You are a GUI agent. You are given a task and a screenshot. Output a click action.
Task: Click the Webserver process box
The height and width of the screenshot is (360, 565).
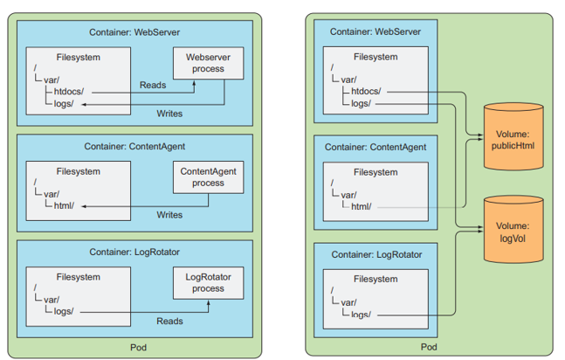[x=208, y=63]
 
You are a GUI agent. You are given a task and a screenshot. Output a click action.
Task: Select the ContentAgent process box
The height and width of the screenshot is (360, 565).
[x=209, y=177]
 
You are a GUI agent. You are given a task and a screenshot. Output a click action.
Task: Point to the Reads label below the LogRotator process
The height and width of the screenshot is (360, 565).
[x=169, y=322]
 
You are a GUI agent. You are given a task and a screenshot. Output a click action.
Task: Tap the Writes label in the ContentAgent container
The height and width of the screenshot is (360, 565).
[x=169, y=215]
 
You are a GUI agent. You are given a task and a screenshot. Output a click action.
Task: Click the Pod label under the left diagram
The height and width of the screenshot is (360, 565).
[x=139, y=347]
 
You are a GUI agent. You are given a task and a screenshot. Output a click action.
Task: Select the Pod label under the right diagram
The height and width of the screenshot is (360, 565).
[x=429, y=347]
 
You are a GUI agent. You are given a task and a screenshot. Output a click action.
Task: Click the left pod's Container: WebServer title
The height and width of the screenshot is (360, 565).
[x=134, y=32]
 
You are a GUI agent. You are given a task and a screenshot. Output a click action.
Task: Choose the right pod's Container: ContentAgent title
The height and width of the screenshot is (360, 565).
[x=376, y=147]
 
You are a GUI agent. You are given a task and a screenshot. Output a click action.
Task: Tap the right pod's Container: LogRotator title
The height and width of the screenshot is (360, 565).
[x=376, y=254]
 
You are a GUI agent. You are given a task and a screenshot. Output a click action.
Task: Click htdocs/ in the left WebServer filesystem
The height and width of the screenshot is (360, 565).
[x=68, y=91]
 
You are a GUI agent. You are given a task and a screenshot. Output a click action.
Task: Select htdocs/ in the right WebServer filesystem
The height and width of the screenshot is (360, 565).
[x=365, y=90]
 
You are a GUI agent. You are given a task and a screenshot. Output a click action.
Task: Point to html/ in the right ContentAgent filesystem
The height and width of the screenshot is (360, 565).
[x=360, y=206]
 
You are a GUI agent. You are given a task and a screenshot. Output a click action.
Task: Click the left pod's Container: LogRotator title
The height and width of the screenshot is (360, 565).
[x=134, y=252]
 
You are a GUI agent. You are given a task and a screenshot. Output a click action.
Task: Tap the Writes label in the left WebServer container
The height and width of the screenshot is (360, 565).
[x=169, y=114]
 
